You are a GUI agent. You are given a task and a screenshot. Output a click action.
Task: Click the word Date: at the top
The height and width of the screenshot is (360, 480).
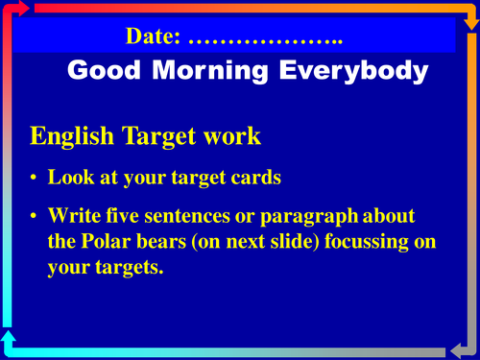154,38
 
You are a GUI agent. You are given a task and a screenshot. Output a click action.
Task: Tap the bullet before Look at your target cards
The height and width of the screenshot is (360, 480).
35,179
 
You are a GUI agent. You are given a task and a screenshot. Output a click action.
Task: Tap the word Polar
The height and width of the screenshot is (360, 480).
105,242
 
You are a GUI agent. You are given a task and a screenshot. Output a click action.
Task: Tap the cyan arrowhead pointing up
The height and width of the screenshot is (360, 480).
10,335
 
